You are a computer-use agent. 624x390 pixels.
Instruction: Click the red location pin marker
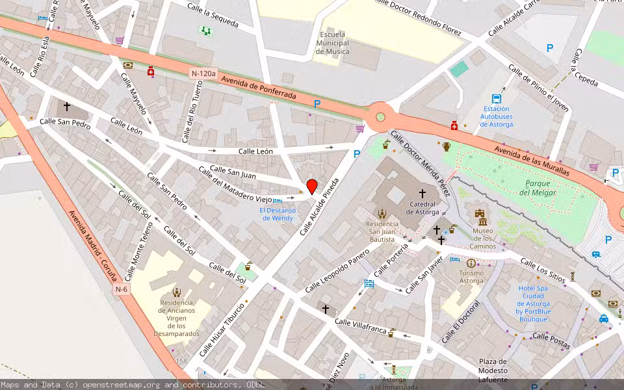[311, 186]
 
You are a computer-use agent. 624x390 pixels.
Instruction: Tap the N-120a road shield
[203, 73]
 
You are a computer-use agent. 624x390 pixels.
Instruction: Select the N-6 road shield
[122, 289]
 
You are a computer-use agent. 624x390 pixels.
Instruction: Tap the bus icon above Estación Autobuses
[497, 99]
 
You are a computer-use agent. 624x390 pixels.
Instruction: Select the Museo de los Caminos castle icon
[480, 215]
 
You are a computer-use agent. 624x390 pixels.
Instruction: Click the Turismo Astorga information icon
[471, 263]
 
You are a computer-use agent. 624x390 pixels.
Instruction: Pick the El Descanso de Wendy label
[278, 214]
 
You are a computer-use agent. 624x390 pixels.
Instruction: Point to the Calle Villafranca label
[360, 326]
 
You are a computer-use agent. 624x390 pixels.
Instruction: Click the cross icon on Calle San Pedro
[66, 106]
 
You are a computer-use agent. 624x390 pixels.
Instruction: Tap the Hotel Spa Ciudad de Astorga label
[534, 304]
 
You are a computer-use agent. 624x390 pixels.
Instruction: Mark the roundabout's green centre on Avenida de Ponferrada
[380, 117]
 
